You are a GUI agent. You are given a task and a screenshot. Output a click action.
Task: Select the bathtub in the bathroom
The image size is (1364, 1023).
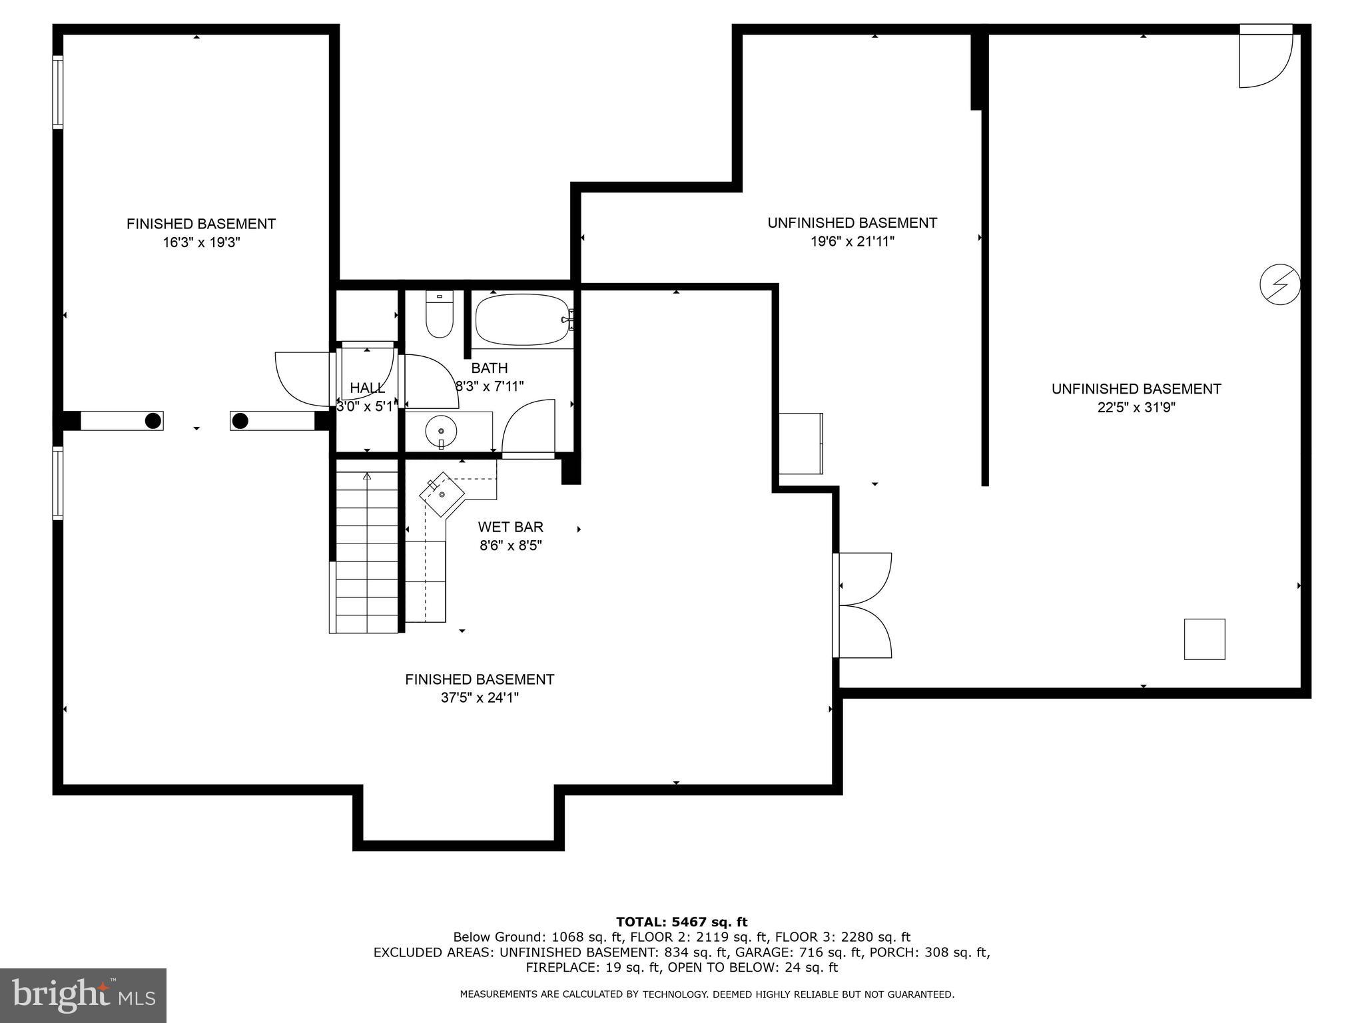(x=522, y=320)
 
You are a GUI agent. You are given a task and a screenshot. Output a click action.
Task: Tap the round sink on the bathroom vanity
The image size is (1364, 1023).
(x=441, y=432)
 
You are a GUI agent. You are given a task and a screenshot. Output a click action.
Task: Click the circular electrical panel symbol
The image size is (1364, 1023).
(x=1279, y=285)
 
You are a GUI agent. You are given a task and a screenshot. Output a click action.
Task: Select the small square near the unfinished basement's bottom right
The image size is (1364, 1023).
(x=1204, y=639)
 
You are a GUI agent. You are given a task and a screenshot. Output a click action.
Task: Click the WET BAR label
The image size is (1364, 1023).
(x=510, y=527)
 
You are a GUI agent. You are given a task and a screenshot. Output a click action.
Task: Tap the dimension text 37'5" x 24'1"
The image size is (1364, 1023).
(x=480, y=698)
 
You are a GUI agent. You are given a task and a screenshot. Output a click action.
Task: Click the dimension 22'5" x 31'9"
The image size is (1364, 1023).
(x=1136, y=408)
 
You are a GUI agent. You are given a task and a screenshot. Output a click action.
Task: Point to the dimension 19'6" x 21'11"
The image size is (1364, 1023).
(x=852, y=241)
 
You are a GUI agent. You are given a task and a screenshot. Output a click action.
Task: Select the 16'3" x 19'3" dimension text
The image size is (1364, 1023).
(x=201, y=242)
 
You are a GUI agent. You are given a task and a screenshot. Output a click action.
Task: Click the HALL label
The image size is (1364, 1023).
(x=367, y=388)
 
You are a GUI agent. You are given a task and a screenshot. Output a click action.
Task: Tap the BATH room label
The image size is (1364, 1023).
(x=490, y=368)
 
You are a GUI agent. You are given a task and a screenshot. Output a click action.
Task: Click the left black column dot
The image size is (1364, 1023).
(x=153, y=421)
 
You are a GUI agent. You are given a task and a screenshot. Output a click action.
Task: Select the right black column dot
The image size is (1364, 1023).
(x=240, y=421)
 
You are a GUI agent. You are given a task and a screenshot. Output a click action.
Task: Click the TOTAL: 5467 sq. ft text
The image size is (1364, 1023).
(x=681, y=922)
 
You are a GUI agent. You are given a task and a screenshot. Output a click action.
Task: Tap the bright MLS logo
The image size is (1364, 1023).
(x=83, y=995)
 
